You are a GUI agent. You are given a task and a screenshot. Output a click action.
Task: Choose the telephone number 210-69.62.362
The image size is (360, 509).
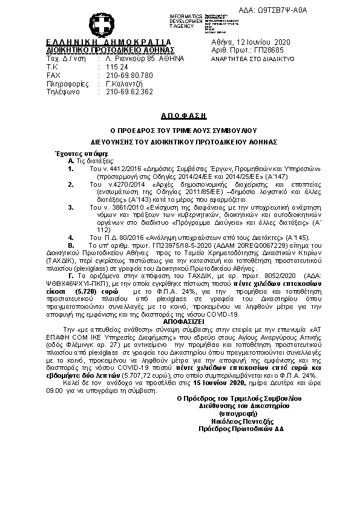[129, 92]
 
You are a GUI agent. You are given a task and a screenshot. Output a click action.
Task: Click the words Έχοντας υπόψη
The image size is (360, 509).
[73, 154]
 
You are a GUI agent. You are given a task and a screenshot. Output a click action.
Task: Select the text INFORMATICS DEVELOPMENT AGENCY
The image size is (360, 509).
[168, 21]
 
